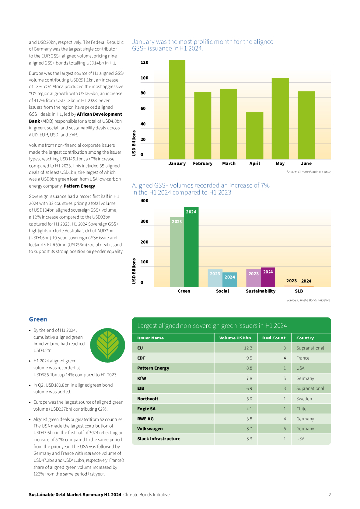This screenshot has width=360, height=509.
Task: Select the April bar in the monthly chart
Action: point(255,135)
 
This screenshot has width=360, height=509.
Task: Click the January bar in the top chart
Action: point(177,109)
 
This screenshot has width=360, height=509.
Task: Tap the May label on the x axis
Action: point(280,163)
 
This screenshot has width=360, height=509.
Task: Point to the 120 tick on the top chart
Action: point(144,63)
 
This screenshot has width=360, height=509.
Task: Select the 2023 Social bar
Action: point(215,278)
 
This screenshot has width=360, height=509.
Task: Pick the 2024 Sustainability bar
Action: point(268,277)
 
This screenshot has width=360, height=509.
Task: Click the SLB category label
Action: point(299,291)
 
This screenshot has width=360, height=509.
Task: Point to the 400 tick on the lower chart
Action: point(144,201)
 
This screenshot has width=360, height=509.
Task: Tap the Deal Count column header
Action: point(273,338)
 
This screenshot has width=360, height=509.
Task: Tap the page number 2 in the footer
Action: point(329,495)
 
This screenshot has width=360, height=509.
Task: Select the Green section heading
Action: point(38,319)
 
